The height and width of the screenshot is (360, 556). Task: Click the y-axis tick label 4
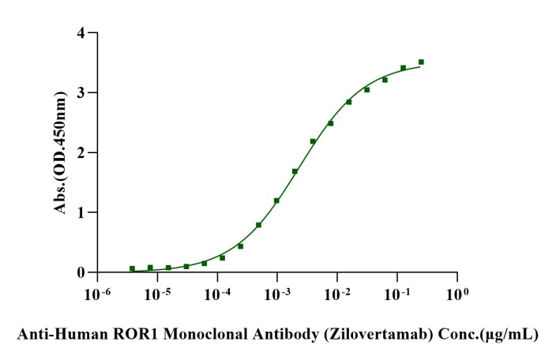pos(81,33)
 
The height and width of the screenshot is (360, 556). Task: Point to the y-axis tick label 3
pos(81,93)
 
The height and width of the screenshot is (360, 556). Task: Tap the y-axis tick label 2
pos(81,152)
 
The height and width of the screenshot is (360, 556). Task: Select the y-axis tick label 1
pos(81,212)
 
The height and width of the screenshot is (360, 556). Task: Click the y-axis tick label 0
pos(81,272)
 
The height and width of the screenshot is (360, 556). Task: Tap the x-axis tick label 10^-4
pos(216,296)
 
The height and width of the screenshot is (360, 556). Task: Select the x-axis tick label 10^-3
pos(276,296)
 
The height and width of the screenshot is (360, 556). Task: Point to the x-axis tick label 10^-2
pos(336,296)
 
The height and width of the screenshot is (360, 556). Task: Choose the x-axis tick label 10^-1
pos(396,296)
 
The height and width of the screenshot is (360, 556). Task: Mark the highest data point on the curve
pos(421,62)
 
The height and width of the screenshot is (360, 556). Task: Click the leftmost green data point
pos(132,268)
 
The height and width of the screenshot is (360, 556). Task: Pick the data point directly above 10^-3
pos(276,201)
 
